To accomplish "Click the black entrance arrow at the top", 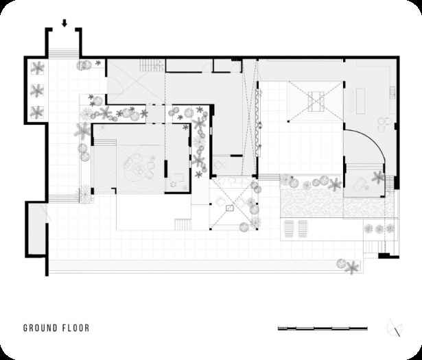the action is pyautogui.click(x=64, y=23).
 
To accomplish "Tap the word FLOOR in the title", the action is pyautogui.click(x=76, y=328).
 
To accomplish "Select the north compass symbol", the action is pyautogui.click(x=395, y=328).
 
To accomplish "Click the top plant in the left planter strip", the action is pyautogui.click(x=37, y=68).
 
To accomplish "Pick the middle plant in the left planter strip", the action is pyautogui.click(x=37, y=91).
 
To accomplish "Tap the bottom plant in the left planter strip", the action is pyautogui.click(x=37, y=112).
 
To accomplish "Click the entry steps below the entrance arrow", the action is pyautogui.click(x=64, y=53).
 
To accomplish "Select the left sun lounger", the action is pyautogui.click(x=290, y=229).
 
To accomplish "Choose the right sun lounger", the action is pyautogui.click(x=303, y=229).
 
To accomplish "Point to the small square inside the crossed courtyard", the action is pyautogui.click(x=229, y=208).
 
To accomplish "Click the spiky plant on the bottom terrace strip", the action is pyautogui.click(x=352, y=267).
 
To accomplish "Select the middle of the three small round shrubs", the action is pyautogui.click(x=379, y=229).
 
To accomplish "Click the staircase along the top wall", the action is pyautogui.click(x=152, y=65).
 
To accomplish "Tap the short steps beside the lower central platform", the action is pyautogui.click(x=183, y=225).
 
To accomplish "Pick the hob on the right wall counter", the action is pyautogui.click(x=392, y=92).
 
